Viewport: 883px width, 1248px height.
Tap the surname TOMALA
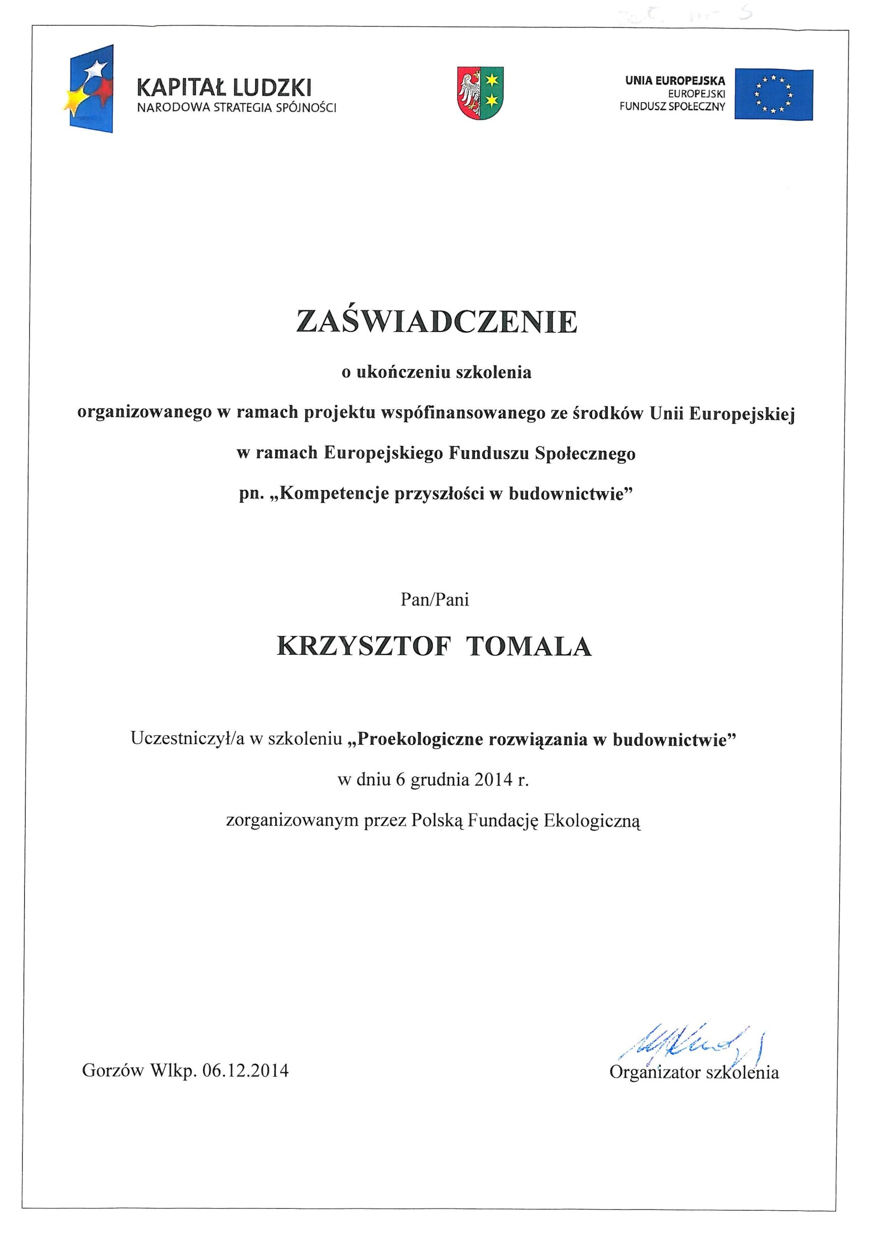click(529, 647)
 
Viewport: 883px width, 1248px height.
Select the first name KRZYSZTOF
click(364, 647)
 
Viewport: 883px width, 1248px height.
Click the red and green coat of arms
click(480, 93)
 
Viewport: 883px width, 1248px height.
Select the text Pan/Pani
click(434, 599)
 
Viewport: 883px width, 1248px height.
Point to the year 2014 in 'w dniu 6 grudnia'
click(494, 780)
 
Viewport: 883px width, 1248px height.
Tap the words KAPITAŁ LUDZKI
click(224, 87)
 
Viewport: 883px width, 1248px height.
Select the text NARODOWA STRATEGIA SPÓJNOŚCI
click(237, 108)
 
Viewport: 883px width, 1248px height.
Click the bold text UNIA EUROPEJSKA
click(675, 81)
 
